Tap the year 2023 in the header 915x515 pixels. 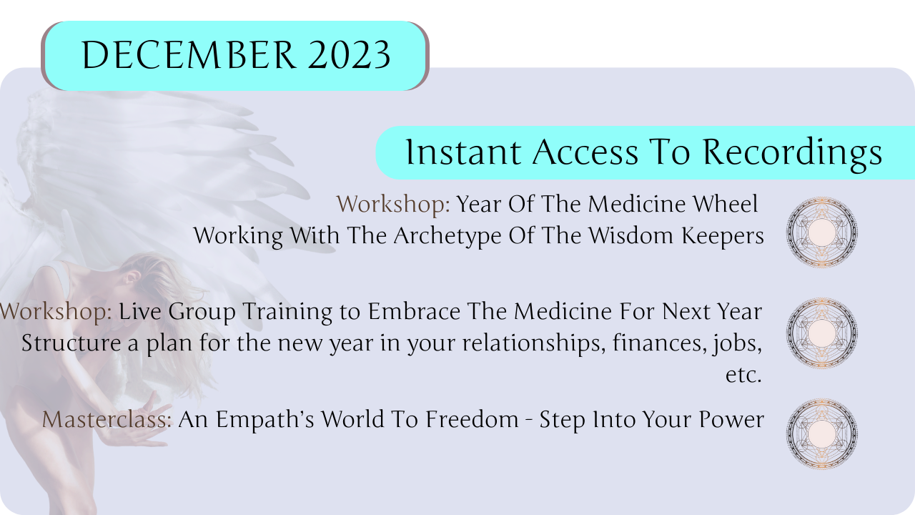350,55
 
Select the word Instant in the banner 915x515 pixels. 463,152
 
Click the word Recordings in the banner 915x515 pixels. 792,154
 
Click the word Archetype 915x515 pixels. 447,237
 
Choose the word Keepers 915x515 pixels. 723,237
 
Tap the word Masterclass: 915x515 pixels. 107,419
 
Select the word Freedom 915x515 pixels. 472,419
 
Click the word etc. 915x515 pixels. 743,375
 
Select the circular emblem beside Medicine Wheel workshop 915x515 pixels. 822,232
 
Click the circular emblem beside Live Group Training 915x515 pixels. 822,333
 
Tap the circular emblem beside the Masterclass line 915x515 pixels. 822,434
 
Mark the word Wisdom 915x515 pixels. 630,235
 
